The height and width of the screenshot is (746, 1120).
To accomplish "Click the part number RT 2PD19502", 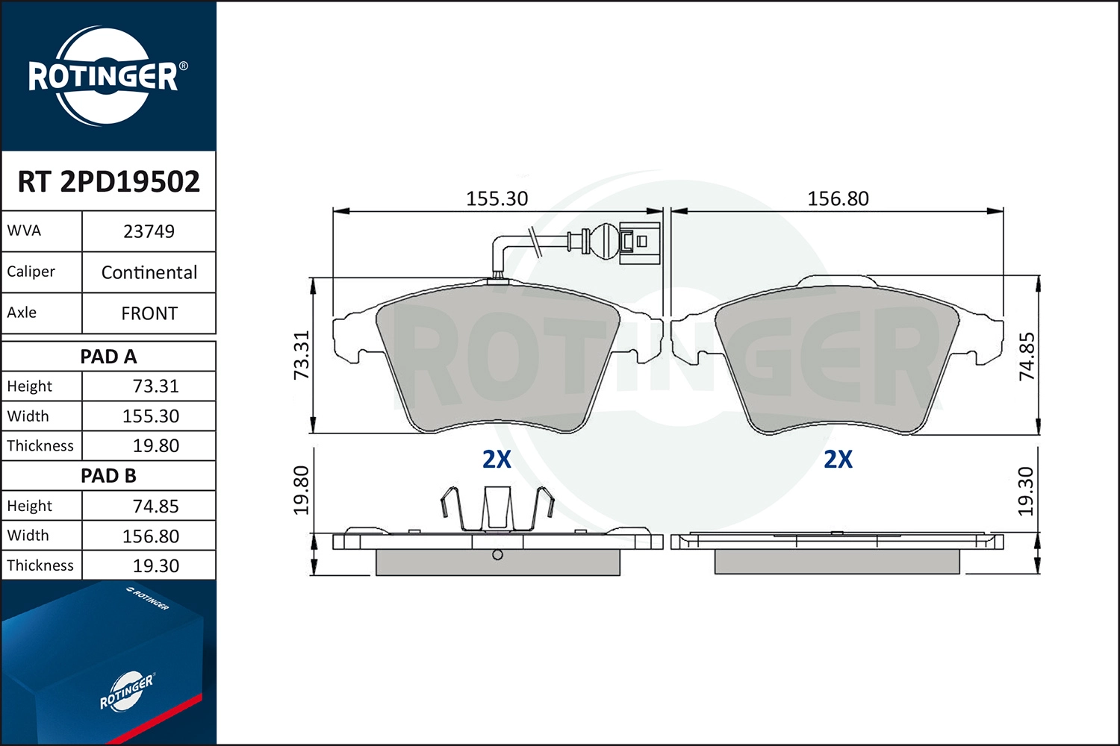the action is pyautogui.click(x=108, y=181).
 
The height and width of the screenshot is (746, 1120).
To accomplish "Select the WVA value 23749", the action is pyautogui.click(x=149, y=231).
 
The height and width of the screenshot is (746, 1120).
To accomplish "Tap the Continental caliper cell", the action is pyautogui.click(x=149, y=272).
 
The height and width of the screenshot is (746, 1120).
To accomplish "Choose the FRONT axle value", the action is pyautogui.click(x=149, y=313).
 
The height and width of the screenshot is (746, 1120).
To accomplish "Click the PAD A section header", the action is pyautogui.click(x=108, y=357).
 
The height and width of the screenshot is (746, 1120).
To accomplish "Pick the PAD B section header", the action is pyautogui.click(x=108, y=476).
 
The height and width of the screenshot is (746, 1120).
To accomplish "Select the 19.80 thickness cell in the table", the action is pyautogui.click(x=155, y=445).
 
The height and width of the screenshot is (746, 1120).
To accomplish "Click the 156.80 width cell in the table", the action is pyautogui.click(x=151, y=536).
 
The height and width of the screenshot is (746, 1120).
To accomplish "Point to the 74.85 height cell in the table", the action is pyautogui.click(x=155, y=506).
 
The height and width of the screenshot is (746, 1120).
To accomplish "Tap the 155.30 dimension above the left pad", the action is pyautogui.click(x=497, y=199).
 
